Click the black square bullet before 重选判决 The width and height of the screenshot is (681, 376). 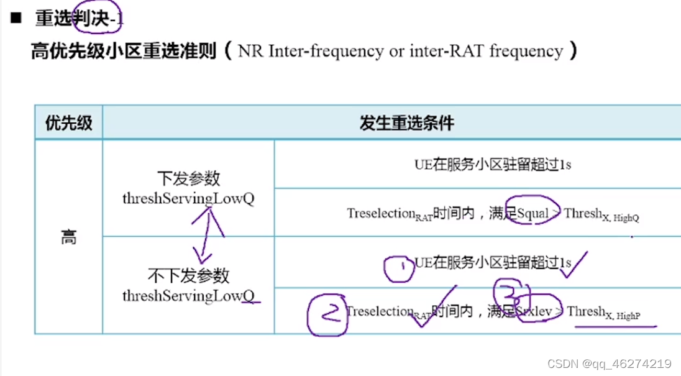pos(16,17)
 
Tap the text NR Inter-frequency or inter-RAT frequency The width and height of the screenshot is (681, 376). pos(400,51)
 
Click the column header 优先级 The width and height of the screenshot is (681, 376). pos(68,122)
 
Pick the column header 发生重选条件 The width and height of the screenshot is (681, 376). pos(406,122)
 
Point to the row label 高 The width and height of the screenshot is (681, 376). pos(68,237)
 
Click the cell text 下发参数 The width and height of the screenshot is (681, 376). pos(188,179)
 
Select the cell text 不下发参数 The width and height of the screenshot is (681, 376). pos(188,275)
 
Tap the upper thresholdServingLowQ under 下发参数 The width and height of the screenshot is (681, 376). pos(188,198)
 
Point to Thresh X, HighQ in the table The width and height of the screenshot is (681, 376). pos(601,214)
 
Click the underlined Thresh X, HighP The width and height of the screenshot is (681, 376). pos(603,313)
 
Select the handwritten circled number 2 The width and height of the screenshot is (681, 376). pos(326,314)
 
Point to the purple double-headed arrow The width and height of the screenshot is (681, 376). pos(206,236)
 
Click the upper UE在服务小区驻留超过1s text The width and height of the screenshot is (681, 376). pos(493,165)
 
